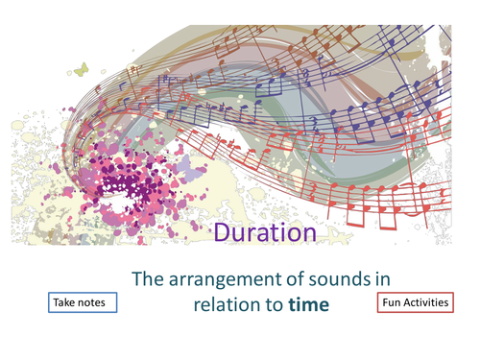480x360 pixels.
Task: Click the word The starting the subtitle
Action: pos(147,279)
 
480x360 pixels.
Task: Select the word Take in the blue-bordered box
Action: pos(68,302)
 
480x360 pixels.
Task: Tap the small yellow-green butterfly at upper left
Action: pos(81,69)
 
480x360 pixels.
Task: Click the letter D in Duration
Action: pos(219,232)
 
